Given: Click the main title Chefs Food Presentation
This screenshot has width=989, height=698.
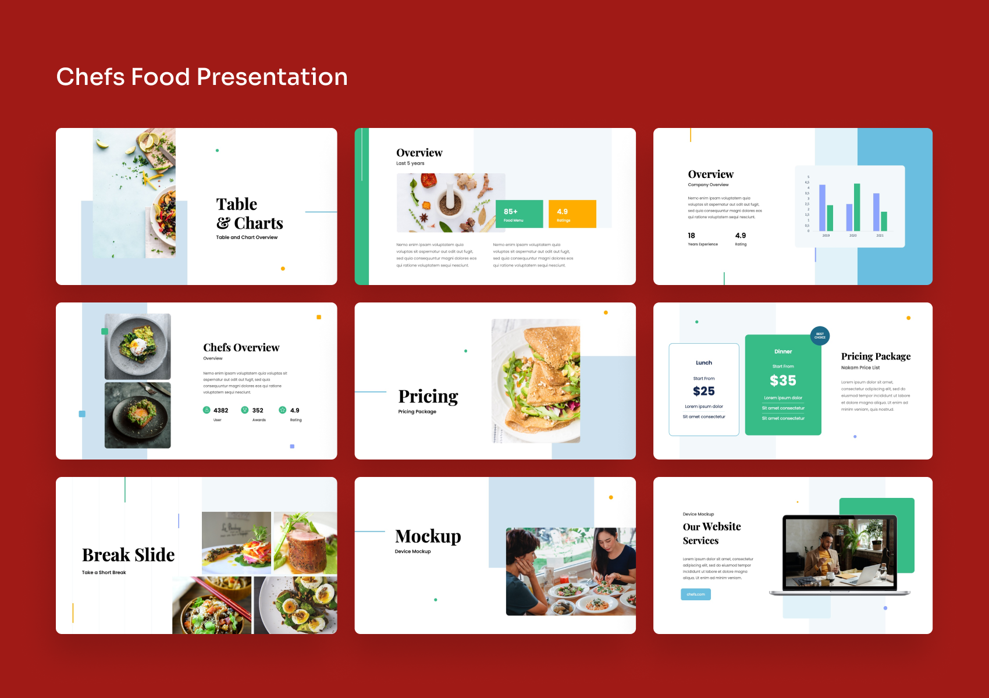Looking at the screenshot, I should point(202,77).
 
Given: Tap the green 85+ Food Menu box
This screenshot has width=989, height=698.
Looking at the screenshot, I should point(519,214).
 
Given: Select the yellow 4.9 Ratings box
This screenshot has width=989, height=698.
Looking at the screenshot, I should point(572,214).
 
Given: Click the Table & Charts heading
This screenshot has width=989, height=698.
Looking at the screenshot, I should point(249,213).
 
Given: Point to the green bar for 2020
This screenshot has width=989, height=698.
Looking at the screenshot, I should point(857,207).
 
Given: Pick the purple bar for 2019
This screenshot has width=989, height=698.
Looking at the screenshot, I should point(822,208).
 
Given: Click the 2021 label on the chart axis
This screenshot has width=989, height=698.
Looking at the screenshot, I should point(880,236).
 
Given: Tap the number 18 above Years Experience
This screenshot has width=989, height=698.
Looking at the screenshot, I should point(691,236).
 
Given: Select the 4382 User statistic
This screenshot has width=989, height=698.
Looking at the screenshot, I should point(220,411).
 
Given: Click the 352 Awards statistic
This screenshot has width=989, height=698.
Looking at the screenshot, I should point(257,411).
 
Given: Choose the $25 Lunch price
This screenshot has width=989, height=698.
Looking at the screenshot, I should point(704,391).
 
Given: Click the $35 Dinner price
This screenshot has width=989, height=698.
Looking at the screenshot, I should point(783,381).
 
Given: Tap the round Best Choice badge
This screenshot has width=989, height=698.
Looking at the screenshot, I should point(820,336).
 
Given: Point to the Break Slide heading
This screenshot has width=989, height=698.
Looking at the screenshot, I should point(129,555).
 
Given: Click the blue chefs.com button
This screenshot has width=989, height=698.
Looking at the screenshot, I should point(696,594).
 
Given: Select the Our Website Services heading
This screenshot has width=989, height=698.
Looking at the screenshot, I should point(711,533).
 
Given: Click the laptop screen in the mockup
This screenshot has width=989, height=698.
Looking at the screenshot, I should point(840,553).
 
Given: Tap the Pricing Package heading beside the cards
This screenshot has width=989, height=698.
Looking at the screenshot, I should point(876,356).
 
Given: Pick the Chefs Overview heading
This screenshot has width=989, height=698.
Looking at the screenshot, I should point(241,348).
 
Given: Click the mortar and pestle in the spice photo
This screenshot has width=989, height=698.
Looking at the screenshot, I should point(450,201).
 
